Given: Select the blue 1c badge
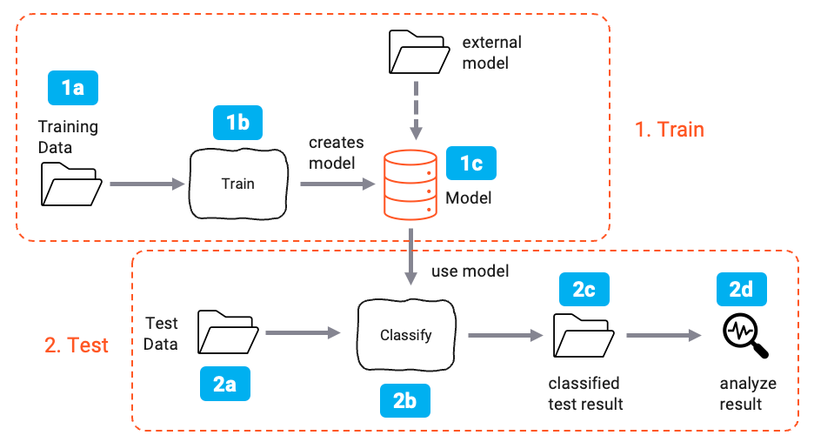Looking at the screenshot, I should pyautogui.click(x=470, y=163).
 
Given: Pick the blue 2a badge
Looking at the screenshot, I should pyautogui.click(x=224, y=383).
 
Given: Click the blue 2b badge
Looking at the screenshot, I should pyautogui.click(x=405, y=401).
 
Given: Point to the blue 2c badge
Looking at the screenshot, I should pyautogui.click(x=584, y=291).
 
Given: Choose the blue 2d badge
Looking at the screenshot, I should pyautogui.click(x=741, y=291).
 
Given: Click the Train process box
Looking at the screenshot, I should pyautogui.click(x=237, y=184).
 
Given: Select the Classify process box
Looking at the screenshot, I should pyautogui.click(x=405, y=335).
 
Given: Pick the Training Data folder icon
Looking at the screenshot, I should pyautogui.click(x=70, y=184).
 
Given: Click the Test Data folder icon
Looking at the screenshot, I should pyautogui.click(x=227, y=332).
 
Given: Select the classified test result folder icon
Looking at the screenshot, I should pyautogui.click(x=583, y=336).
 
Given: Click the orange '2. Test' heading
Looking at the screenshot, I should pyautogui.click(x=76, y=345).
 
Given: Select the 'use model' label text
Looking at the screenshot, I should pyautogui.click(x=470, y=271).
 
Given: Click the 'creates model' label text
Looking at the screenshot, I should pyautogui.click(x=336, y=151).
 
